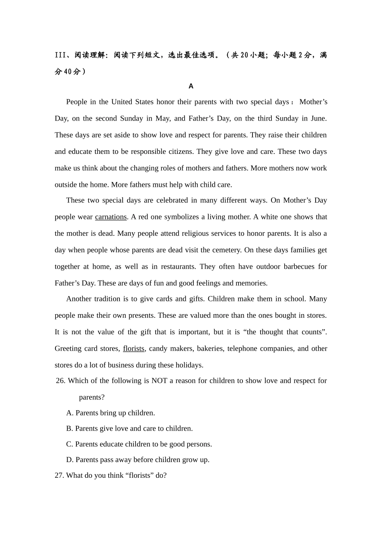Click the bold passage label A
coord(191,86)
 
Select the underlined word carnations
coord(111,217)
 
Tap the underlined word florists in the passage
coord(133,349)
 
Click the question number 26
coord(61,381)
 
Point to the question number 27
coord(60,476)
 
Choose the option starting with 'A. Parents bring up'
coord(111,413)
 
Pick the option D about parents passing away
coord(138,460)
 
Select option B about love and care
coord(129,429)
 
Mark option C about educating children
coord(139,444)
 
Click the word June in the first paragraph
coord(318,119)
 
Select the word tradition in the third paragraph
coord(107,299)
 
